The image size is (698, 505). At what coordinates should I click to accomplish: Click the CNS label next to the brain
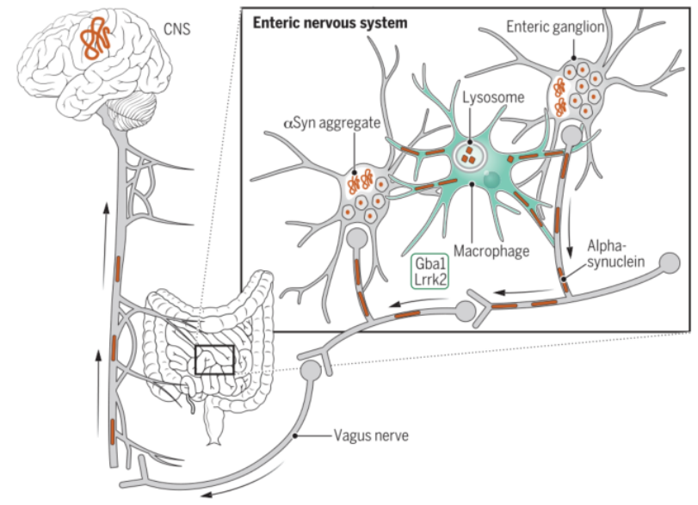[x=176, y=29]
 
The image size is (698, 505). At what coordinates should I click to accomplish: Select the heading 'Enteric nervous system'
[x=330, y=22]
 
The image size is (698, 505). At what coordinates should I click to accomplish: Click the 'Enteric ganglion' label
[x=555, y=28]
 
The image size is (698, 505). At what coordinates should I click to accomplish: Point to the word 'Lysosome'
[x=493, y=97]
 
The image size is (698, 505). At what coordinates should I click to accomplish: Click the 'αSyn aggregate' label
[x=332, y=123]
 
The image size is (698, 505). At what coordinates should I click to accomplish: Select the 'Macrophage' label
[x=491, y=251]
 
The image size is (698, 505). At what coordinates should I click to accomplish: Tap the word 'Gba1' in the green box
[x=430, y=263]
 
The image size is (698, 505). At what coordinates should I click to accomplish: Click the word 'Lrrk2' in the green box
[x=430, y=279]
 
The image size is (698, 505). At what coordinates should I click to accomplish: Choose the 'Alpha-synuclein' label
[x=615, y=254]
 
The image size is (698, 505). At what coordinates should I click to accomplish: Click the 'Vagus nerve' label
[x=371, y=435]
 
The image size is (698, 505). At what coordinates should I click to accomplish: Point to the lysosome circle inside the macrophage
[x=470, y=157]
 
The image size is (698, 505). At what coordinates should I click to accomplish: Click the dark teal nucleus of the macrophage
[x=491, y=179]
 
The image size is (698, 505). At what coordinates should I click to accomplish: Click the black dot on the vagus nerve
[x=294, y=436]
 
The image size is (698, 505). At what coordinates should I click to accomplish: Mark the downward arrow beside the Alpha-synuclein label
[x=570, y=236]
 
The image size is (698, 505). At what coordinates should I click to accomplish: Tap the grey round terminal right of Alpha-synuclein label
[x=670, y=263]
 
